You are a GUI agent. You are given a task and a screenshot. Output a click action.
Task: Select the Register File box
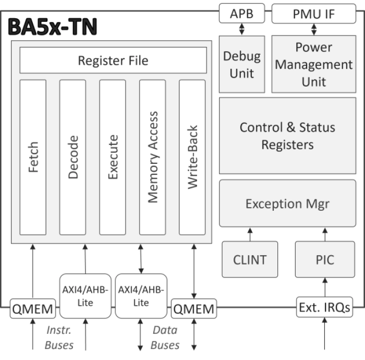click(x=113, y=61)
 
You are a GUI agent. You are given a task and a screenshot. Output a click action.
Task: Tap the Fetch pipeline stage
click(x=33, y=157)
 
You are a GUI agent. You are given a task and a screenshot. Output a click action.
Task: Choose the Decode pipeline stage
click(x=73, y=157)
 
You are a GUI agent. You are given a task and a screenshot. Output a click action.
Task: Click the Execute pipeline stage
click(x=113, y=157)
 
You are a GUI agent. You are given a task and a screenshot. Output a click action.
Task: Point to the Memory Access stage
click(x=153, y=157)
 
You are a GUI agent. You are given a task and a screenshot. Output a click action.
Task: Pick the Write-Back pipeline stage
click(x=192, y=157)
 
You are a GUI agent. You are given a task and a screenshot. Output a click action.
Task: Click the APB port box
click(x=241, y=14)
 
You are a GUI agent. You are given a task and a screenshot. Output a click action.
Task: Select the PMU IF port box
click(x=314, y=14)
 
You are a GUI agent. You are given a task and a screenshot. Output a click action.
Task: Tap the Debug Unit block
click(x=241, y=64)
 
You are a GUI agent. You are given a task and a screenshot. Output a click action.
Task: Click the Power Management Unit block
click(x=314, y=64)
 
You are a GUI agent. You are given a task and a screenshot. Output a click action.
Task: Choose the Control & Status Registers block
click(x=287, y=135)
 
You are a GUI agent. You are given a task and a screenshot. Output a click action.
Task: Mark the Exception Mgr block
click(x=287, y=203)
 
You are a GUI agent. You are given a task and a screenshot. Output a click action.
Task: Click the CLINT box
click(x=249, y=259)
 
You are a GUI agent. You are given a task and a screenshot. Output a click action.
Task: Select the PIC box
click(x=325, y=259)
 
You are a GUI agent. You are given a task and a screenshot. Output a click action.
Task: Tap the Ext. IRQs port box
click(x=325, y=307)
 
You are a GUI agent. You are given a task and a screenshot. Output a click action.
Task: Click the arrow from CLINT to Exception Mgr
click(x=249, y=234)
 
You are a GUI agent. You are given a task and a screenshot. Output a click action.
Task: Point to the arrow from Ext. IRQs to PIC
click(x=325, y=287)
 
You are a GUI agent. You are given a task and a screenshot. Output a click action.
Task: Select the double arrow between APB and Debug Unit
click(x=241, y=29)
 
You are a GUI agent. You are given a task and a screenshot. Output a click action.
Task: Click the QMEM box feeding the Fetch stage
click(x=32, y=309)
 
